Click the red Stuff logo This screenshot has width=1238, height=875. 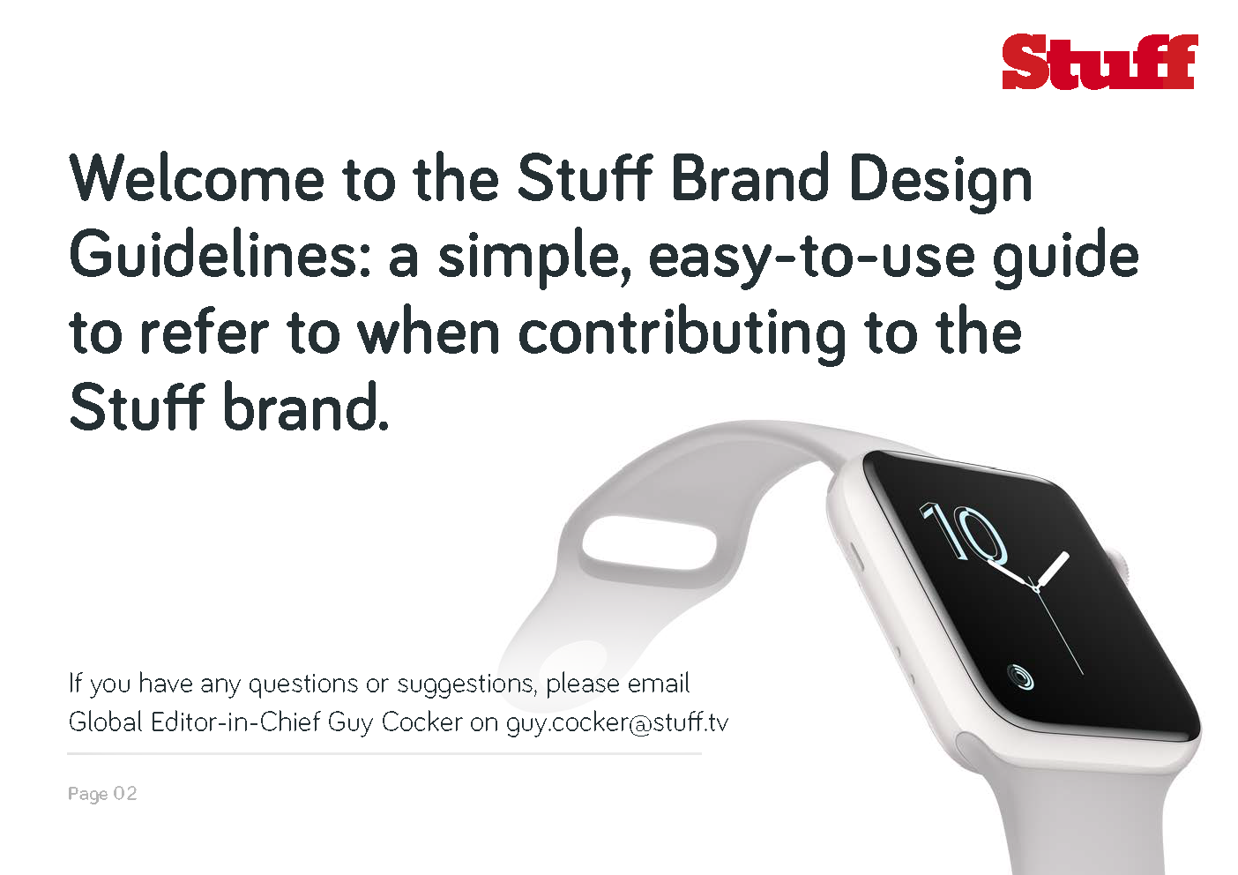(1100, 62)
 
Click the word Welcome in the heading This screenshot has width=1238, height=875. (197, 178)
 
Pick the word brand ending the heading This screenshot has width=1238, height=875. (306, 408)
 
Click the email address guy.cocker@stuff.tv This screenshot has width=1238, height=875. (617, 722)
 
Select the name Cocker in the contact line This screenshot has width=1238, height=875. (422, 722)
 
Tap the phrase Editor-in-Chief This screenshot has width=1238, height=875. (236, 722)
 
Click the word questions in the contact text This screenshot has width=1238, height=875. (303, 684)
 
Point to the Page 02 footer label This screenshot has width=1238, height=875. (102, 794)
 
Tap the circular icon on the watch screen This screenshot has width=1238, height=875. (1019, 677)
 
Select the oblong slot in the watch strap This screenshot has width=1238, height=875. (650, 542)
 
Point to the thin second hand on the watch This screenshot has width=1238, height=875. (1058, 632)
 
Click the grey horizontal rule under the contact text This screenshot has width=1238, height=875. (384, 753)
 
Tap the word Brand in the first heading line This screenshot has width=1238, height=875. (750, 178)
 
